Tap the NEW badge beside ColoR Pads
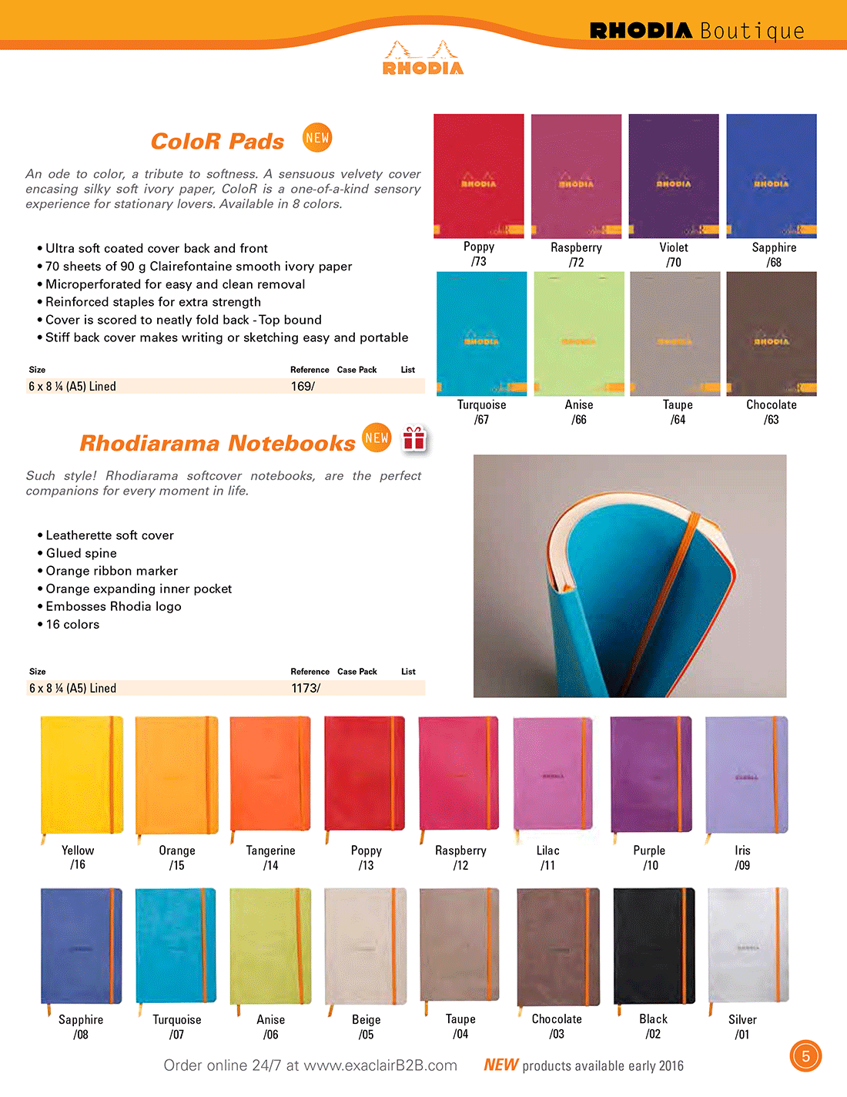pyautogui.click(x=317, y=138)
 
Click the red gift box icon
pyautogui.click(x=414, y=438)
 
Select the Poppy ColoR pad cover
pyautogui.click(x=479, y=176)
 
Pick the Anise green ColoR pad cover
pyautogui.click(x=579, y=334)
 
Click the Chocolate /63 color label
pyautogui.click(x=772, y=412)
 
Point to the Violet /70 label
pyautogui.click(x=674, y=254)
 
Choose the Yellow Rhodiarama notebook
pyautogui.click(x=81, y=774)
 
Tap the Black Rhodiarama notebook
pyautogui.click(x=654, y=946)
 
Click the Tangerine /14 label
pyautogui.click(x=270, y=857)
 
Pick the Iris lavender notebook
pyautogui.click(x=746, y=774)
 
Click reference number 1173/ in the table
pyautogui.click(x=306, y=688)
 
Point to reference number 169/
pyautogui.click(x=303, y=386)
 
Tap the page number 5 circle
pyautogui.click(x=805, y=1055)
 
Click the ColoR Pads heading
pyautogui.click(x=217, y=141)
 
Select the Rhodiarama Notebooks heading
pyautogui.click(x=217, y=443)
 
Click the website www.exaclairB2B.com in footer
pyautogui.click(x=380, y=1065)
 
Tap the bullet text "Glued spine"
pyautogui.click(x=82, y=553)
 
